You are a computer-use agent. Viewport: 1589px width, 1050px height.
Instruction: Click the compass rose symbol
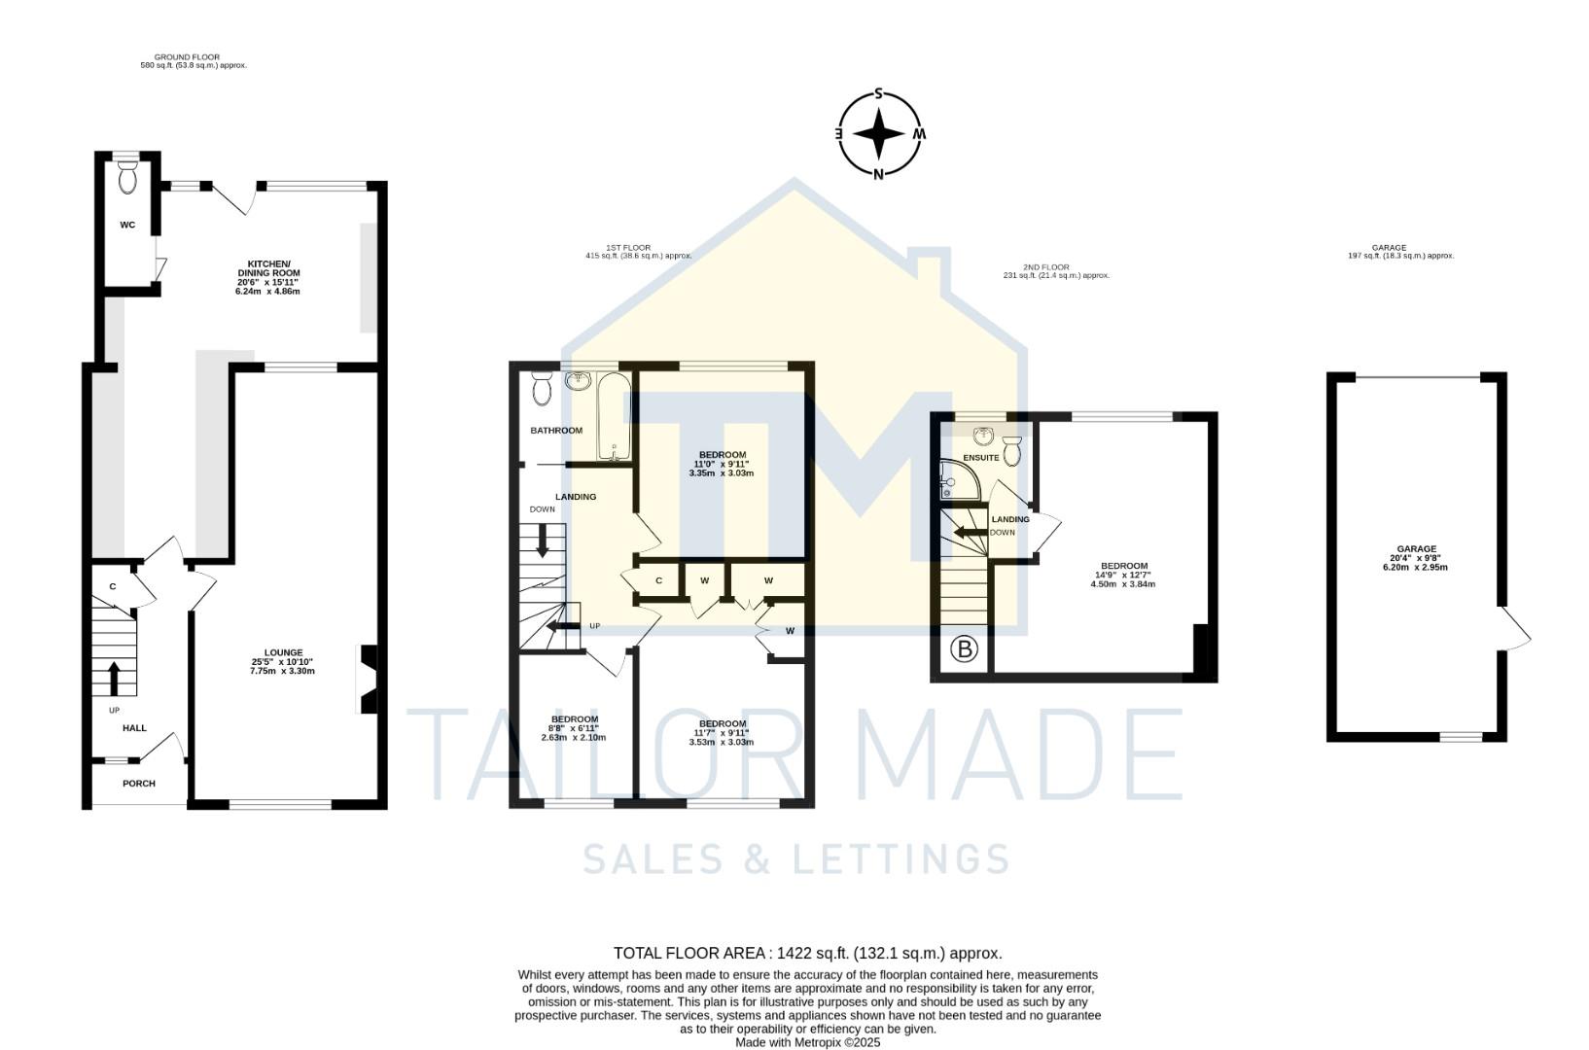[879, 134]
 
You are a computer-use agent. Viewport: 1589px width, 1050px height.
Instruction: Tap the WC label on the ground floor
[127, 225]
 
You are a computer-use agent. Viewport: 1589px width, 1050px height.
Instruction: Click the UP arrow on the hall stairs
[113, 679]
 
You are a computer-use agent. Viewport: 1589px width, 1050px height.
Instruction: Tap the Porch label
[138, 784]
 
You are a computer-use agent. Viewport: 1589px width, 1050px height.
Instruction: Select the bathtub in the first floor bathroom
[614, 417]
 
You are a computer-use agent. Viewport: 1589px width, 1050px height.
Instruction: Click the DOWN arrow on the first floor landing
[543, 540]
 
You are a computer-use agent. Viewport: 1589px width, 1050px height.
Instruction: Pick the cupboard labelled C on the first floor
[658, 580]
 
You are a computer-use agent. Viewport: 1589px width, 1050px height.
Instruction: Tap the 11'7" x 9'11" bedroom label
[722, 732]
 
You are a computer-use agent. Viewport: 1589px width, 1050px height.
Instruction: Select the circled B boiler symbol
[963, 649]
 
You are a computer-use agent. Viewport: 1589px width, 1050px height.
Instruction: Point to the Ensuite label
[980, 457]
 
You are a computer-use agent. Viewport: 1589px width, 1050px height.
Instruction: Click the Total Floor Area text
[807, 953]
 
